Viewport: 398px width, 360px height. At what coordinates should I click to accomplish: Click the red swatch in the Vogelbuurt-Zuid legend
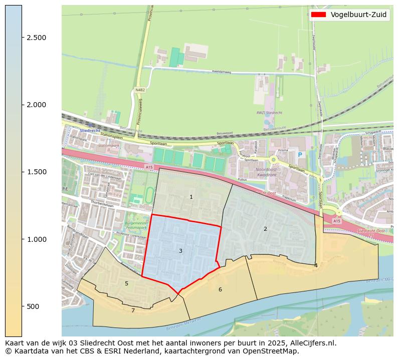(x=318, y=15)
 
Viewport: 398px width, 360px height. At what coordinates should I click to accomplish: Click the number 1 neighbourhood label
(x=191, y=197)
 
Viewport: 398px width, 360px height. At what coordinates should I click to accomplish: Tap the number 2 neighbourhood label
(x=265, y=229)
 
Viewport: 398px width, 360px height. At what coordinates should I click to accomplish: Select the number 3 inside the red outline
(x=180, y=251)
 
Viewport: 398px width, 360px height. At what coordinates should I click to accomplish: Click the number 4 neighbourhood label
(x=316, y=265)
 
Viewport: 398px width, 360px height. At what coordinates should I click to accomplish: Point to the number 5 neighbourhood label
(x=126, y=284)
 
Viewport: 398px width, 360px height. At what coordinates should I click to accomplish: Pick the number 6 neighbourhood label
(x=220, y=289)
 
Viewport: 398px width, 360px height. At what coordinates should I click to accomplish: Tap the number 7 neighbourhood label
(x=133, y=311)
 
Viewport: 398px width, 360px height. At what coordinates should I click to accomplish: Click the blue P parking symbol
(x=300, y=155)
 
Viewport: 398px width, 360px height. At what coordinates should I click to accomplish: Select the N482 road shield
(x=140, y=90)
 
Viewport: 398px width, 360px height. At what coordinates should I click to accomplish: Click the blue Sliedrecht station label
(x=90, y=130)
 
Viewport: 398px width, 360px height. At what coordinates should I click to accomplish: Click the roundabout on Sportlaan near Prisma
(x=274, y=160)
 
